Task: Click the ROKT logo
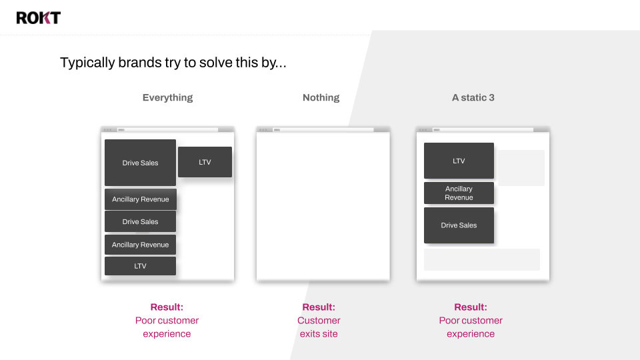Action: (x=39, y=17)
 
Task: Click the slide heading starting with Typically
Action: (x=173, y=63)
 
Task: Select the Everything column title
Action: (x=167, y=97)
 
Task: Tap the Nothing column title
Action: (x=321, y=97)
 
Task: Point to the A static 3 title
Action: (x=473, y=97)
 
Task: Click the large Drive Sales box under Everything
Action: (x=140, y=163)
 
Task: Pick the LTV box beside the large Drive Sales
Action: (x=205, y=162)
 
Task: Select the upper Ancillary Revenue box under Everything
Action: (x=141, y=199)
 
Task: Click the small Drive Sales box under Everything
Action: (x=141, y=221)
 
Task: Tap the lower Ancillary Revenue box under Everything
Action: (x=141, y=245)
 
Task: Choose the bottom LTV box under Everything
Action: (x=141, y=266)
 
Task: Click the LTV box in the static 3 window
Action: (x=459, y=161)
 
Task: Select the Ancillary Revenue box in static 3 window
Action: (x=459, y=193)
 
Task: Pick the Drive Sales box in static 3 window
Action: (x=459, y=225)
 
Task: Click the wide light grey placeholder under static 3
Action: (x=482, y=259)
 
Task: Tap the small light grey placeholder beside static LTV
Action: (x=521, y=168)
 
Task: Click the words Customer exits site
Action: (x=319, y=327)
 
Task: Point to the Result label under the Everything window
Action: (x=167, y=307)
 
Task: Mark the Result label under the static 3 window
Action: (x=471, y=307)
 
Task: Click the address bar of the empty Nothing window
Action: (x=324, y=130)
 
